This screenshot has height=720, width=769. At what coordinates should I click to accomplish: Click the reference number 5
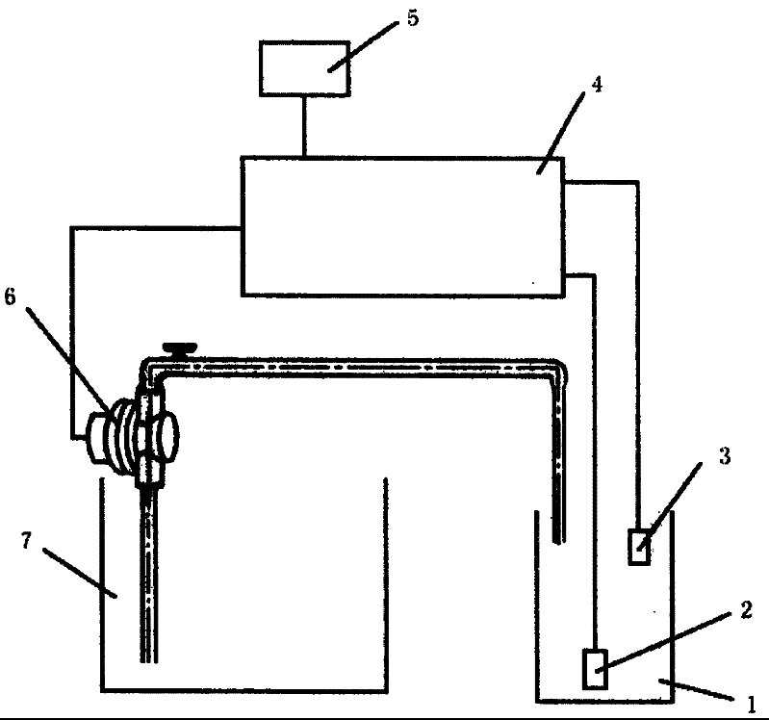click(412, 19)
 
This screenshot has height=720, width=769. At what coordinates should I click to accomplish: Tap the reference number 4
click(597, 85)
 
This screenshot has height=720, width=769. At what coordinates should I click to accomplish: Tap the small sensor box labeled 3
click(638, 547)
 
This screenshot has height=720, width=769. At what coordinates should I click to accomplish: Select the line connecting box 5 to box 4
click(305, 126)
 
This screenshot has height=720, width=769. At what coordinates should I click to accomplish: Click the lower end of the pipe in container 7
click(148, 656)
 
